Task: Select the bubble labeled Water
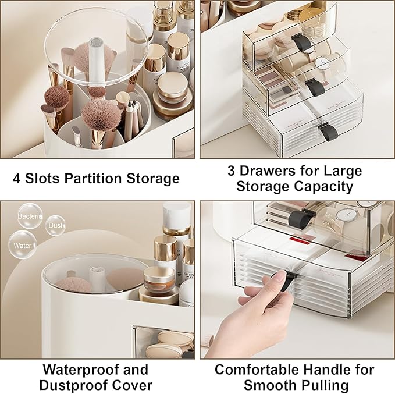coord(23,245)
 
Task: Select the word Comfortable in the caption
coord(262,370)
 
